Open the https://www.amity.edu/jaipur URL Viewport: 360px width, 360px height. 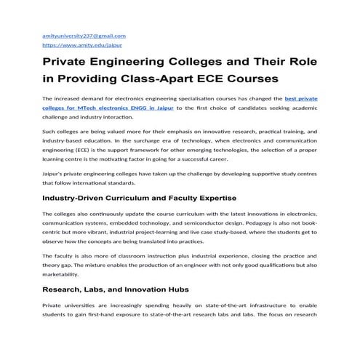click(76, 44)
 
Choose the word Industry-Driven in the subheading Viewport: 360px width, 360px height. click(80, 197)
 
